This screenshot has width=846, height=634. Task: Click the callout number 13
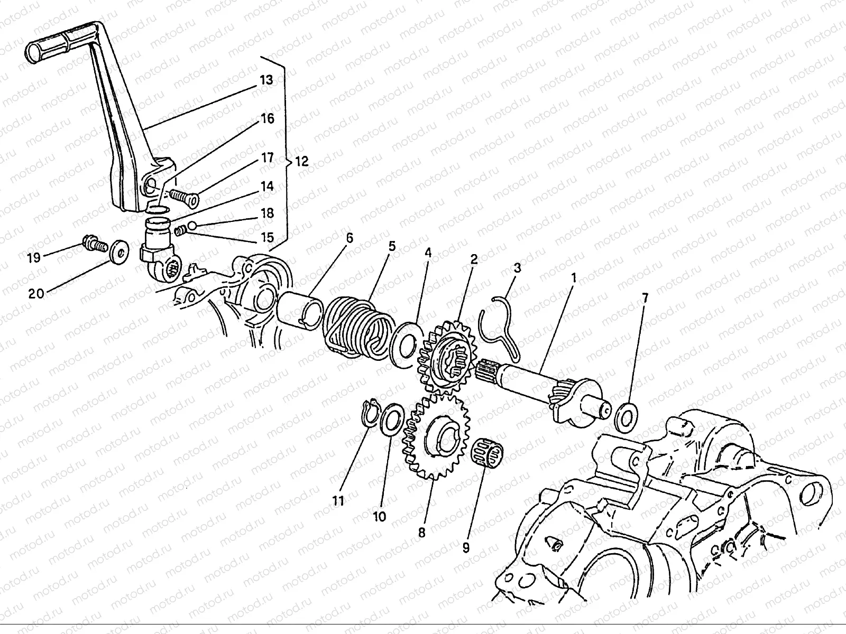coord(266,80)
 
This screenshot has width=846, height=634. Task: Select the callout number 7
coord(643,298)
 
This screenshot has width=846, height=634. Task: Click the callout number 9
coord(465,547)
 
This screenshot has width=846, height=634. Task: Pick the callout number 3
coord(517,268)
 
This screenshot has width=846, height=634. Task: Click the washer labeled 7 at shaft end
coord(626,415)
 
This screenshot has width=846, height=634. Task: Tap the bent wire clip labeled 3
coord(497,328)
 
